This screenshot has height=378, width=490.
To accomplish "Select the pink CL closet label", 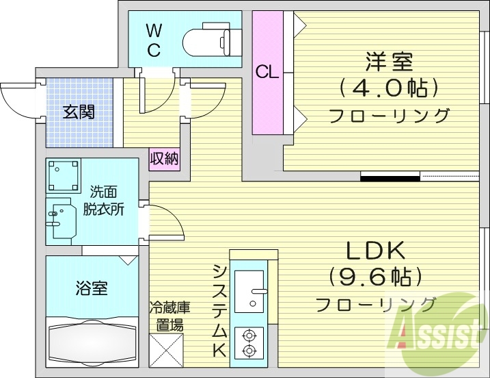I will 267,71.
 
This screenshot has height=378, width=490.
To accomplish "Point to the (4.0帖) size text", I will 388,88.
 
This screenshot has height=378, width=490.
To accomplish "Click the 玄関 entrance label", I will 79,112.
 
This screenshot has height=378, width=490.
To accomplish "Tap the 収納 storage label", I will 164,160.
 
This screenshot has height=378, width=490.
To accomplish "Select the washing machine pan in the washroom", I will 64,176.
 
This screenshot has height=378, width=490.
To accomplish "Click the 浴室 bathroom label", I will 91,288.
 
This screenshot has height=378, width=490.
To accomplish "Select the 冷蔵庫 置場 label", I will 169,316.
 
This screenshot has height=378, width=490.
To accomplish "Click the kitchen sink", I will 249,291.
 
